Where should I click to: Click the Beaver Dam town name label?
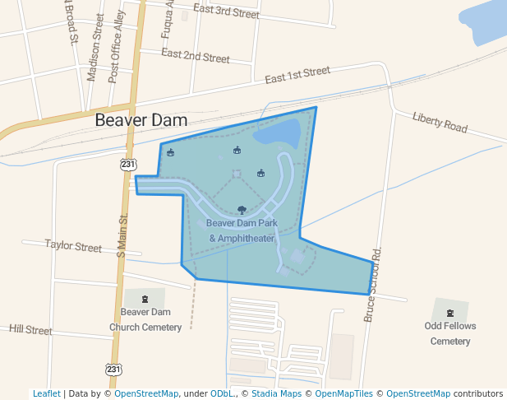click(141, 120)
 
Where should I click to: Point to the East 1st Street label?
click(297, 76)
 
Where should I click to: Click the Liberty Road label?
click(440, 123)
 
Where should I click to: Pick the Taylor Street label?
click(73, 246)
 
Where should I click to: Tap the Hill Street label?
click(30, 329)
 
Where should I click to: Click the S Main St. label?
click(121, 237)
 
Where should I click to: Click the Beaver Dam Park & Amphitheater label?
click(242, 230)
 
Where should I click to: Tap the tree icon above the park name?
click(242, 210)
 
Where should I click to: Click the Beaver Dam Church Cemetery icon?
click(145, 299)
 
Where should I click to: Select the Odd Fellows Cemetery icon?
click(449, 312)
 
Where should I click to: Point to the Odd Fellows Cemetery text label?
click(450, 333)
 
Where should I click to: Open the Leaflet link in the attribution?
click(46, 393)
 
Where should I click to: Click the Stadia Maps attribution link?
click(276, 393)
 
